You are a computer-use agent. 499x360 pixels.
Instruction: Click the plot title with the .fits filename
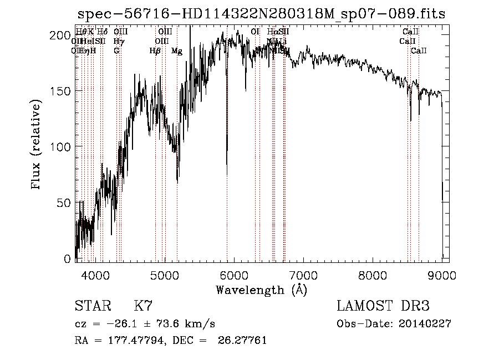[261, 14]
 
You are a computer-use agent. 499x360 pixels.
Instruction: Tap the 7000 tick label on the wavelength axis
[303, 275]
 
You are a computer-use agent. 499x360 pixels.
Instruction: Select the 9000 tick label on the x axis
[442, 275]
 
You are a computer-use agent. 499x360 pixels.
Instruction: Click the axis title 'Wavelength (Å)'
[261, 290]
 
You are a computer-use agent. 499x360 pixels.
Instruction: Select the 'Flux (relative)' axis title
[37, 145]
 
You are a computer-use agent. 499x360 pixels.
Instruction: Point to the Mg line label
[177, 51]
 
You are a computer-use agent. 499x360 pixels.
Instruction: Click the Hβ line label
[155, 51]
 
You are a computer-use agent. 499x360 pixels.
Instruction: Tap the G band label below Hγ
[116, 51]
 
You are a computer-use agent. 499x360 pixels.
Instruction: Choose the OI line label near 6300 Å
[255, 32]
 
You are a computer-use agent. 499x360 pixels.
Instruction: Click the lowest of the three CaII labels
[419, 51]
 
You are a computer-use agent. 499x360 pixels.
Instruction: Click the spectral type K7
[143, 306]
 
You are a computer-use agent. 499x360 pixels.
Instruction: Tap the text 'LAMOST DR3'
[383, 306]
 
